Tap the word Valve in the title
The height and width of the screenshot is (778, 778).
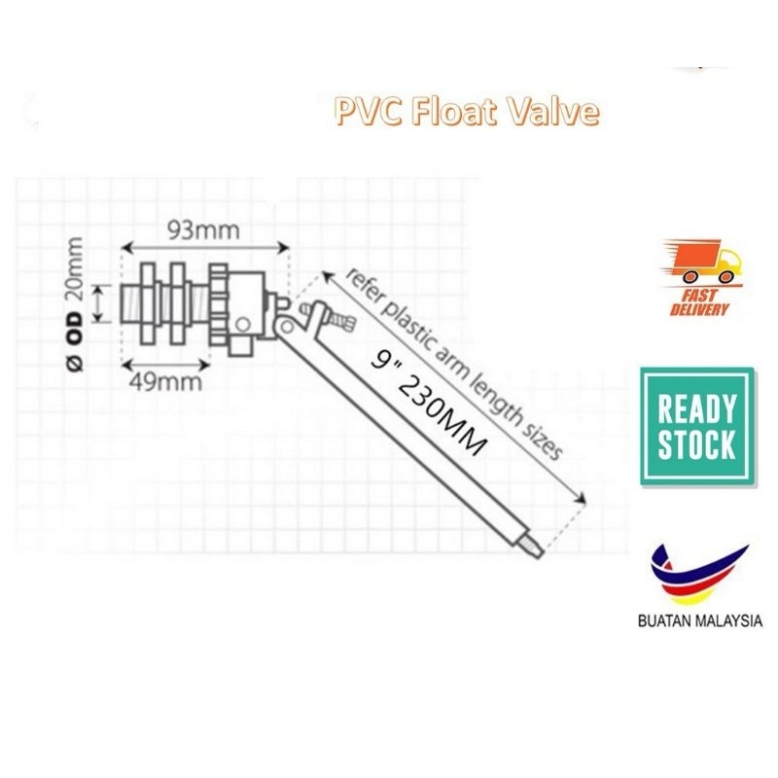click(x=553, y=112)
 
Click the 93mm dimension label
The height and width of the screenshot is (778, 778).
click(x=203, y=231)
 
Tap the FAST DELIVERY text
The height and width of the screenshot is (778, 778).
click(x=701, y=302)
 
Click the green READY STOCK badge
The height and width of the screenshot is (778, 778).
click(x=696, y=427)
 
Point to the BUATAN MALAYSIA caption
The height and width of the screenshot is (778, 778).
click(x=700, y=619)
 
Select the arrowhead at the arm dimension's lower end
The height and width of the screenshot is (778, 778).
click(x=583, y=498)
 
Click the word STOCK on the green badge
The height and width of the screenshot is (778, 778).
click(x=697, y=446)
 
